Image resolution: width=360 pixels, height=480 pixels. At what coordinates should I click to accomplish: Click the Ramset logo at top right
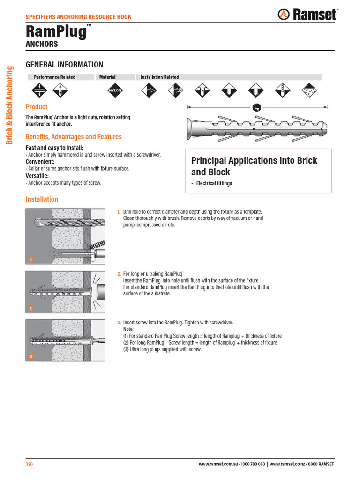point(307,15)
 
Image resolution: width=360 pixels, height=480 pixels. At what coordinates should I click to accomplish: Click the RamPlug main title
point(56,32)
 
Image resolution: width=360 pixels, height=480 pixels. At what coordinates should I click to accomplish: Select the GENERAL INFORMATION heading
point(64,65)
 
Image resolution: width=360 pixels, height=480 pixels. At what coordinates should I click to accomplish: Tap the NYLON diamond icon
point(115,90)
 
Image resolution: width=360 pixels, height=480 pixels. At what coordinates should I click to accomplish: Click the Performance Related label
point(54,77)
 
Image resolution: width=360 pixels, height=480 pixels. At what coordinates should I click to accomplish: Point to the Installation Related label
point(159,77)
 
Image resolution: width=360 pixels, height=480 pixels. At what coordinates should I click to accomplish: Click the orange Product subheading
point(37,107)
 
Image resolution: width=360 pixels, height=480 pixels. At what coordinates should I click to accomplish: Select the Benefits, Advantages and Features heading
point(74,137)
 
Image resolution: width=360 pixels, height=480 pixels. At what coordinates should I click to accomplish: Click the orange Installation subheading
point(42,199)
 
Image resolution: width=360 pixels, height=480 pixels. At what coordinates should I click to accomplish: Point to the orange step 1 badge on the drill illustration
point(30,259)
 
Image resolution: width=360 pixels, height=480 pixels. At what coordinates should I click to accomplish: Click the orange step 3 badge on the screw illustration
point(30,357)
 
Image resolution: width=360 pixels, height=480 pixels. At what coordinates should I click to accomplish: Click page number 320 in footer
point(29,465)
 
